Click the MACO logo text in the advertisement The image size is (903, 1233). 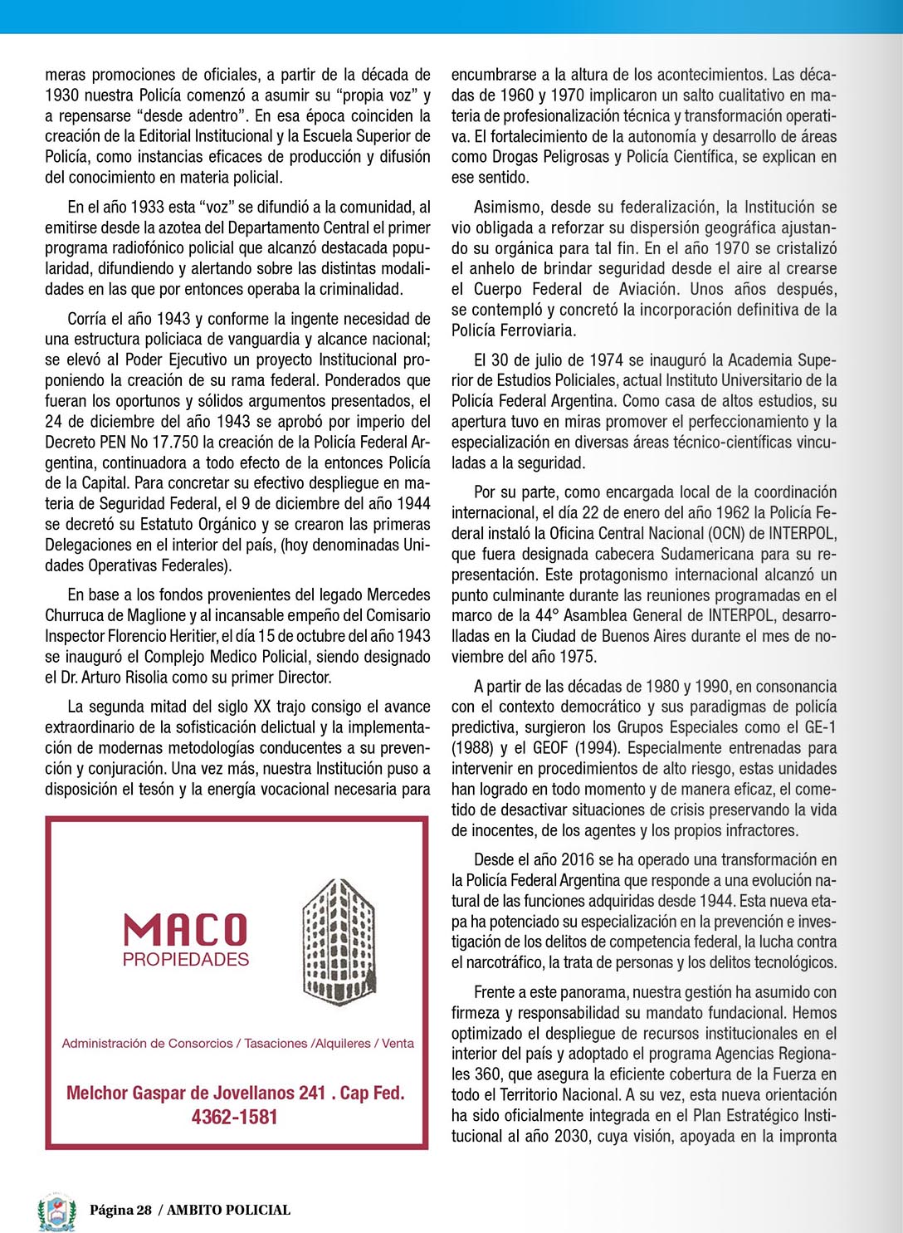click(x=185, y=930)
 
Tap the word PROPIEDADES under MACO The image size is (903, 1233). click(x=186, y=960)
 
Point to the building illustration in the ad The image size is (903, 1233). click(x=338, y=943)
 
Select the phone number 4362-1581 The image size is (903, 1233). click(x=235, y=1118)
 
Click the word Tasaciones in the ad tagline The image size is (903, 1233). click(x=276, y=1044)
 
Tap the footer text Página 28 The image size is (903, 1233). click(x=121, y=1211)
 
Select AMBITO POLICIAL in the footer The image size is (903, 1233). click(x=229, y=1211)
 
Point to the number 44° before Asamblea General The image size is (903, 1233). click(x=545, y=616)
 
